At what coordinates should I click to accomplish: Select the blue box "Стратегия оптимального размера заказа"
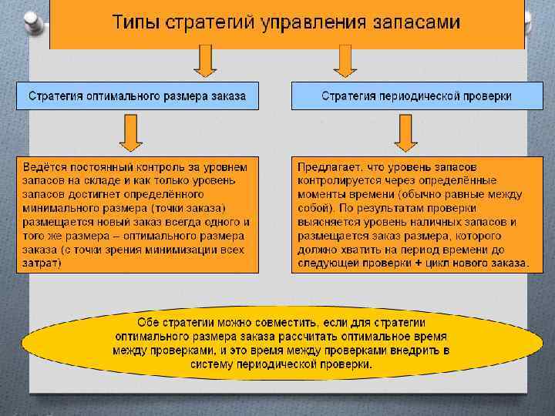click(138, 96)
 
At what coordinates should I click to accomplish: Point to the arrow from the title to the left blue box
click(204, 61)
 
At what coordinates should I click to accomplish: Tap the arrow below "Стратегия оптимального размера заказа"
click(131, 133)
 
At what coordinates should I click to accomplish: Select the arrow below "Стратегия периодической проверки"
click(406, 133)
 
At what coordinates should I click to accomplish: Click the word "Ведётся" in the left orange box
click(45, 166)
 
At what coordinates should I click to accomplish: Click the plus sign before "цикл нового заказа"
click(419, 263)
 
